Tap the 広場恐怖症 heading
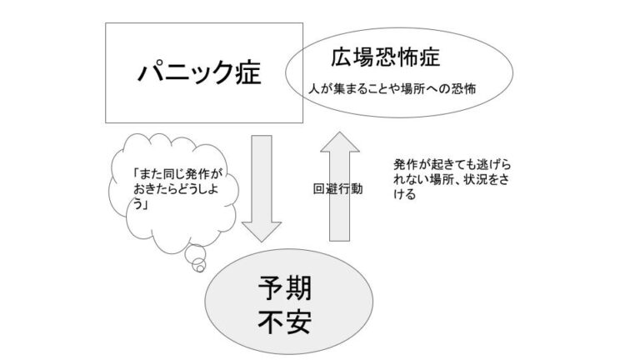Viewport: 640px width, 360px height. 373,58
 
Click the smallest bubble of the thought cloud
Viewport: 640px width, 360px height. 199,266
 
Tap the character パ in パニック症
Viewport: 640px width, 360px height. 147,72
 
